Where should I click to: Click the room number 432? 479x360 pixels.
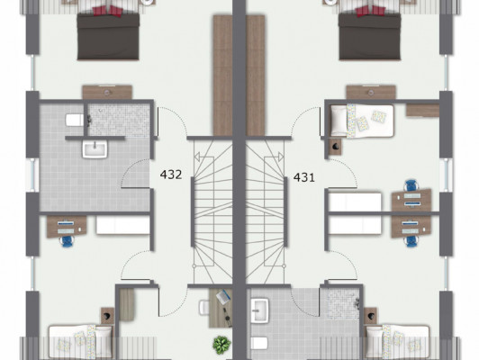171,175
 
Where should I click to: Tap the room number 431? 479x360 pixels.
304,177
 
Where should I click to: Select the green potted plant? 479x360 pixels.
221,345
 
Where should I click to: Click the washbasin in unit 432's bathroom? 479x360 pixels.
95,149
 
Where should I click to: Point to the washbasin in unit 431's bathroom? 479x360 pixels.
259,310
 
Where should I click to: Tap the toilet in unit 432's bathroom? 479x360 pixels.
75,120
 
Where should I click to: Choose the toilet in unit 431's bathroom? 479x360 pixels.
259,343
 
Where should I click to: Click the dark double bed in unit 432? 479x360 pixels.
108,35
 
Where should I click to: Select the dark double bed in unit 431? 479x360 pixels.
370,35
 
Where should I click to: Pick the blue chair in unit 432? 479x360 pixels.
67,241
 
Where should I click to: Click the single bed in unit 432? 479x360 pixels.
81,341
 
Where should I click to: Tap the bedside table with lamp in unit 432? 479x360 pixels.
107,316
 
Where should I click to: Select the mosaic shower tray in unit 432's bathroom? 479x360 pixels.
119,120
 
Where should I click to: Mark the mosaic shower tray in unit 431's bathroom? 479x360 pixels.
342,303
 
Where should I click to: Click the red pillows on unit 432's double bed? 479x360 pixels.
107,11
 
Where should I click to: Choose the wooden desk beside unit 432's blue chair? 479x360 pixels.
67,227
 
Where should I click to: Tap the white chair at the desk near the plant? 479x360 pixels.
204,308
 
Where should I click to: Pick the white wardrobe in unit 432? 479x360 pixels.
123,225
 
